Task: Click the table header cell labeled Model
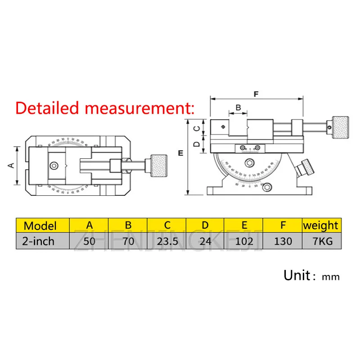pyautogui.click(x=40, y=225)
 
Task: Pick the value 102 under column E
pyautogui.click(x=244, y=241)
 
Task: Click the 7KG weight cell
pyautogui.click(x=321, y=241)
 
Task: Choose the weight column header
pyautogui.click(x=321, y=225)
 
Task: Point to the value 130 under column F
pyautogui.click(x=283, y=241)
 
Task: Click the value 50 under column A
pyautogui.click(x=89, y=241)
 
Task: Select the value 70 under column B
pyautogui.click(x=128, y=241)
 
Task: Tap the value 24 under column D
pyautogui.click(x=205, y=241)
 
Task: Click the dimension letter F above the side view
pyautogui.click(x=256, y=94)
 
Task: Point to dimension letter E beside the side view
pyautogui.click(x=180, y=153)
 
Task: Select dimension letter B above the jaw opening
pyautogui.click(x=238, y=108)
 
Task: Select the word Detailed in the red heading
pyautogui.click(x=47, y=108)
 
